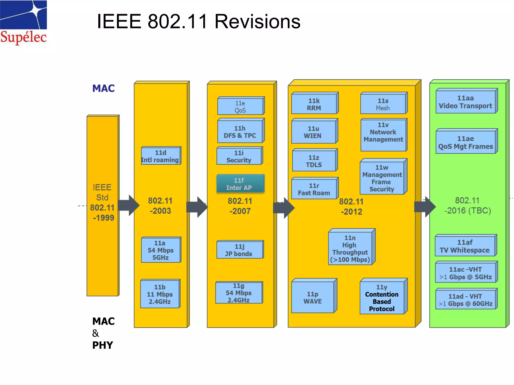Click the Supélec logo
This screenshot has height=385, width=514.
[x=23, y=23]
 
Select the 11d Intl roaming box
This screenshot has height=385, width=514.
[x=161, y=156]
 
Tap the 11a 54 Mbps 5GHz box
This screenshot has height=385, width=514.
[x=161, y=250]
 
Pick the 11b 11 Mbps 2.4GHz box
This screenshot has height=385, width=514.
[x=160, y=294]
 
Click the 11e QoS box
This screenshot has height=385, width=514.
[x=240, y=107]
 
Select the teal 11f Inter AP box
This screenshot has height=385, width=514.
[x=240, y=184]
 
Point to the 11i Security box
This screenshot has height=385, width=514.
[x=239, y=157]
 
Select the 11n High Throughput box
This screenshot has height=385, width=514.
[x=350, y=248]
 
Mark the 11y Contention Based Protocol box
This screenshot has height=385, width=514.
[x=382, y=298]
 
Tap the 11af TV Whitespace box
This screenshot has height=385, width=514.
[x=465, y=246]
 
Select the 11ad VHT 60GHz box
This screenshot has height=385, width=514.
[x=466, y=300]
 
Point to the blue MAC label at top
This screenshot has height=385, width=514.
[x=103, y=88]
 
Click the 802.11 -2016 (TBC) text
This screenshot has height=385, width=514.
[x=468, y=206]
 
